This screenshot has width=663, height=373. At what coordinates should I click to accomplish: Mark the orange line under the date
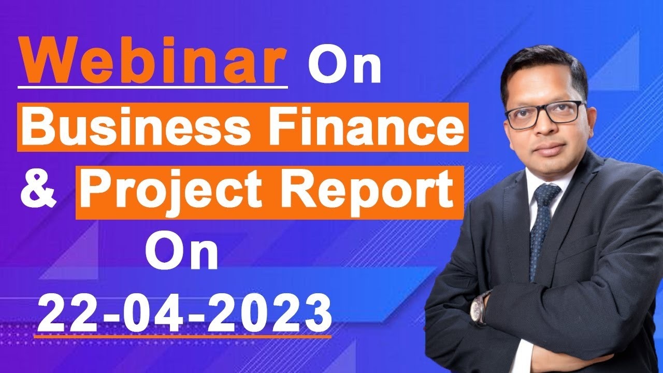(x=182, y=337)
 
